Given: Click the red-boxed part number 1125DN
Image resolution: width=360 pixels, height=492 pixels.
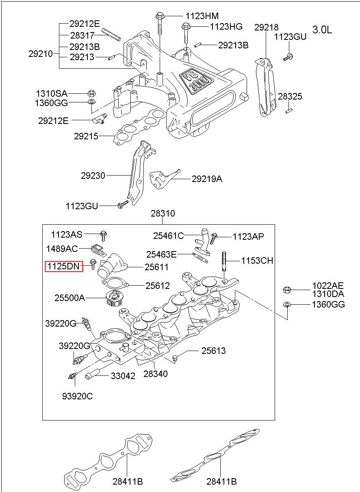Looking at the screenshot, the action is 63,267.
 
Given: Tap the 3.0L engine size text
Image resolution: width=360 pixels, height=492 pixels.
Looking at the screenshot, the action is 322,30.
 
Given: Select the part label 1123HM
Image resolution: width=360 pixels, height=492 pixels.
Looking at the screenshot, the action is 202,16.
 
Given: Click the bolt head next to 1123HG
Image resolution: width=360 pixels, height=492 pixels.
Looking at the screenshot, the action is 186,26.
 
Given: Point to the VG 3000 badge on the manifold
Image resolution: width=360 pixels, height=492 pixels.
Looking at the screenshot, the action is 196,81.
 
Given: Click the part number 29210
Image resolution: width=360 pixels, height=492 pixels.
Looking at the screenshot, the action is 41,54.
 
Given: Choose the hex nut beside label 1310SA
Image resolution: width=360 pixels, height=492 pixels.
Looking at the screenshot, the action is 91,94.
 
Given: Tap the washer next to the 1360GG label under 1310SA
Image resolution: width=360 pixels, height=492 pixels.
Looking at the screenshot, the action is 91,102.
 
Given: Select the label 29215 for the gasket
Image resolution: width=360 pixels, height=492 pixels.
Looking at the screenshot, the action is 86,136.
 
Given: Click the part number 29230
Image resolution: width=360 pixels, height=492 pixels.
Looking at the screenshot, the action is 93,176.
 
